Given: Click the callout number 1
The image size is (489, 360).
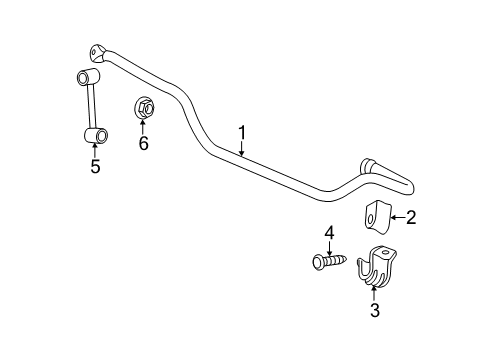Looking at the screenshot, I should click(x=242, y=131).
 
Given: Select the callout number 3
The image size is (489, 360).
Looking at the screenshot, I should click(x=374, y=311).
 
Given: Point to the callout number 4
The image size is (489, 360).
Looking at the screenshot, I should click(x=327, y=233).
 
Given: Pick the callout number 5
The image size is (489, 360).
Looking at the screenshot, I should click(x=95, y=166).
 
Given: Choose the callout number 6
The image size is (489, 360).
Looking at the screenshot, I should click(x=143, y=143).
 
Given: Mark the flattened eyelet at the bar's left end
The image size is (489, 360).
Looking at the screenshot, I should click(x=98, y=52).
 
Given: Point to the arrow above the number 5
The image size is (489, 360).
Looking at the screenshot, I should click(x=95, y=150).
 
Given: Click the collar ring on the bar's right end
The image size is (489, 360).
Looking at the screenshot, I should click(x=367, y=166).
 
